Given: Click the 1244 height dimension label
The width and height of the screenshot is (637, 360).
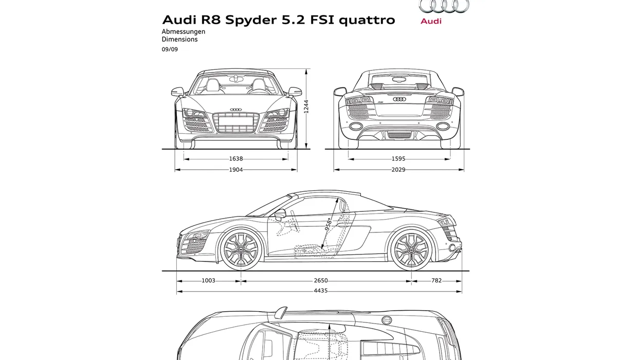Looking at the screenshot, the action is (x=306, y=106).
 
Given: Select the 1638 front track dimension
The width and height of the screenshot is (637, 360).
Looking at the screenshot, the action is (x=236, y=159).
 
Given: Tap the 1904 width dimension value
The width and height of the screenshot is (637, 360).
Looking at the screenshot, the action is (x=236, y=170).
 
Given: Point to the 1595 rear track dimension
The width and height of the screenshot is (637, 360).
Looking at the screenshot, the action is (x=398, y=159).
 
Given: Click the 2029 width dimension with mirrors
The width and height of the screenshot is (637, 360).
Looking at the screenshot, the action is (x=398, y=170).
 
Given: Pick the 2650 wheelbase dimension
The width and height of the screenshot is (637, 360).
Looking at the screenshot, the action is (x=321, y=281).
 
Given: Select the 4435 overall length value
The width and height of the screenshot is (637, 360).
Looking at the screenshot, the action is (x=321, y=291).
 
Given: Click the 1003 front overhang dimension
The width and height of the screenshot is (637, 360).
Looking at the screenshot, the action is (x=208, y=281).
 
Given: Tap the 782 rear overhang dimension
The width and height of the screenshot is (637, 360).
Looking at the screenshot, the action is (x=436, y=281).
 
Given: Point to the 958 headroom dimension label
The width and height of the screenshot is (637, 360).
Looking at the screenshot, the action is (x=328, y=224).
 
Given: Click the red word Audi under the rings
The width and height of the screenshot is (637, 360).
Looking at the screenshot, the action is (x=431, y=21).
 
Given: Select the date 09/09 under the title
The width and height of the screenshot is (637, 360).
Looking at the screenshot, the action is (x=170, y=49).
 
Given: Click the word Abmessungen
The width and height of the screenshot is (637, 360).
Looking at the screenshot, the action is (x=184, y=31).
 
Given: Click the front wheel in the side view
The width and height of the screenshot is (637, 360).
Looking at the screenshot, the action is (x=241, y=249).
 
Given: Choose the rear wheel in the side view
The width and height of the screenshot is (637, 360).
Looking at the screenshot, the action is (x=411, y=249).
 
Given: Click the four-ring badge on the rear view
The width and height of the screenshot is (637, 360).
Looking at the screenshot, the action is (x=399, y=99).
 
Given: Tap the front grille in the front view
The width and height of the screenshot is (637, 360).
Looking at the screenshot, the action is (x=236, y=122).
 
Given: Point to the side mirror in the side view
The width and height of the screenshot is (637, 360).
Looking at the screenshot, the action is (x=280, y=214).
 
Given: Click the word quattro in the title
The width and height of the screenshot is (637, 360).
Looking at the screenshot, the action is (x=367, y=20).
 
